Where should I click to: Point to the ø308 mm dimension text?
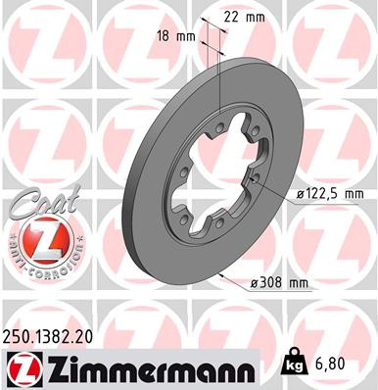click(x=280, y=283)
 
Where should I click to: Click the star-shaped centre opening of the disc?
click(x=211, y=176)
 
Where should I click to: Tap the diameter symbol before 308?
click(x=255, y=283)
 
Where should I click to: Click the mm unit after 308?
click(x=299, y=283)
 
